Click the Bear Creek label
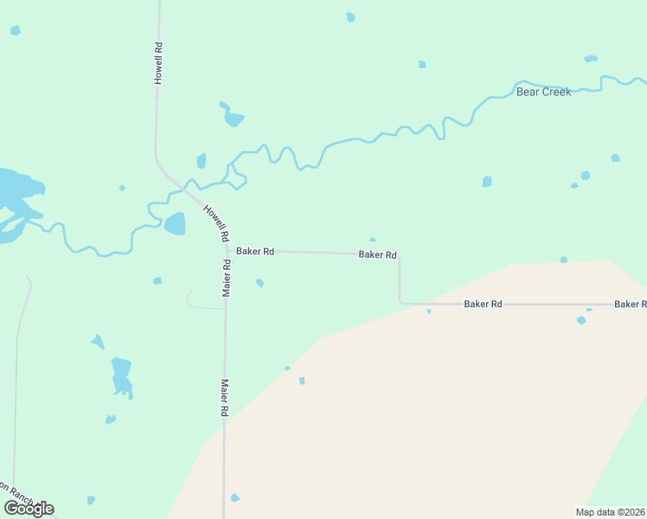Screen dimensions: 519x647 (x=543, y=92)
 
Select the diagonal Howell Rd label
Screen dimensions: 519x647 (x=216, y=222)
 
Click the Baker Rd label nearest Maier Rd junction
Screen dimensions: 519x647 (x=255, y=252)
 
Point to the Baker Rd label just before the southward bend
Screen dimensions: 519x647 (x=378, y=255)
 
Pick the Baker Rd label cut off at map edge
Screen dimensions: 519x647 (x=630, y=304)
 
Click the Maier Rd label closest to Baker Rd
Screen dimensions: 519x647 (x=226, y=278)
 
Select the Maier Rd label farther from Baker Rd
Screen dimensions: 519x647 (x=223, y=398)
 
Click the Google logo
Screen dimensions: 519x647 (x=29, y=509)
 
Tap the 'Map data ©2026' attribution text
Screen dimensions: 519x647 (x=610, y=512)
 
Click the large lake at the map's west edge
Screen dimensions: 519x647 (x=13, y=195)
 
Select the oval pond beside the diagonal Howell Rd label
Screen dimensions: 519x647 (x=175, y=224)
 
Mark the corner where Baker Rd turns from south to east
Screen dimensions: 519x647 (x=400, y=302)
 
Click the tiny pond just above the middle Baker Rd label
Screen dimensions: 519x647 (x=372, y=240)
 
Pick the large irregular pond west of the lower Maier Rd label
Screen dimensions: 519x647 (x=121, y=375)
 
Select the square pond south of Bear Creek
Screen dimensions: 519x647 (x=487, y=182)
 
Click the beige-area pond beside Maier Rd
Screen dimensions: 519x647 (x=234, y=497)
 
